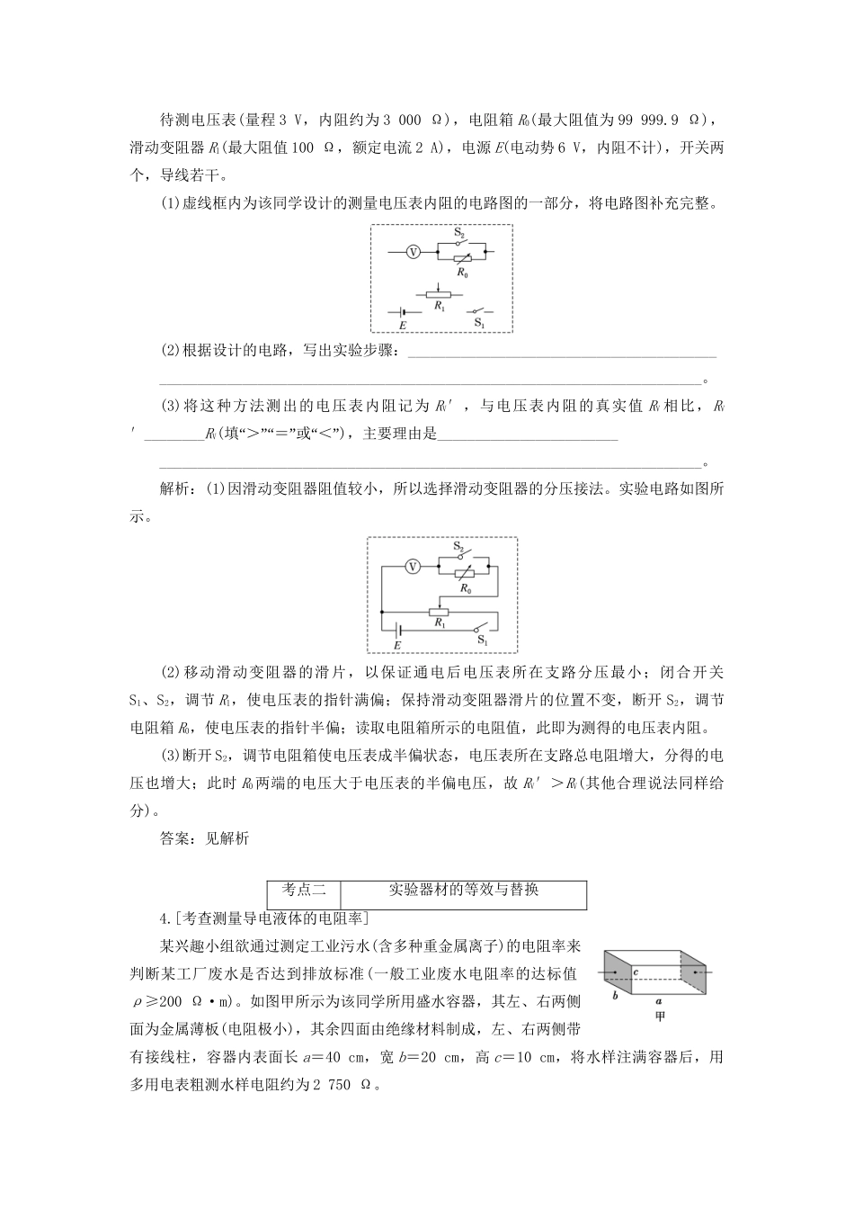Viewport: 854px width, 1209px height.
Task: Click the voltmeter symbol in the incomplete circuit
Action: coord(414,253)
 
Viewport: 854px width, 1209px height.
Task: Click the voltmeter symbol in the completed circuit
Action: coord(412,567)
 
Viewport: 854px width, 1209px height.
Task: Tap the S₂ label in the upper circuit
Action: coord(458,233)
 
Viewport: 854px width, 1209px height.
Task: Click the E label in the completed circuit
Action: coord(396,644)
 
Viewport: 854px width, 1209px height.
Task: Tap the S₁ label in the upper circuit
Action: coord(479,322)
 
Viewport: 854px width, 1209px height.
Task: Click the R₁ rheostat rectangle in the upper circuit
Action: coord(439,292)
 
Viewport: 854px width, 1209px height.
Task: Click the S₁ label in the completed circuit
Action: coord(482,640)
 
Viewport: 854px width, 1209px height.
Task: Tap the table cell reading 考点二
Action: coord(305,890)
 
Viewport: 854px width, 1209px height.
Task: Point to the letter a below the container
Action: coord(659,999)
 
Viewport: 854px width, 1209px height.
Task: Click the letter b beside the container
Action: coord(615,995)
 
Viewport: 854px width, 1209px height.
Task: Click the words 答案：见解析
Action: coord(203,837)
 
